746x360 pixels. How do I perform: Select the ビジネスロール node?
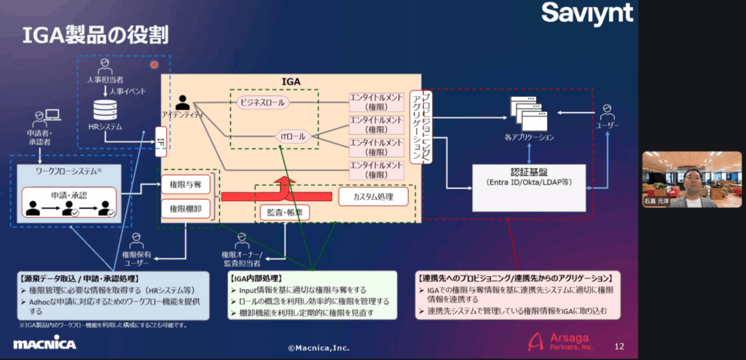262,103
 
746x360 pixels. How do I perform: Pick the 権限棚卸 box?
184,209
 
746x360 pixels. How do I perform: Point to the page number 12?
619,346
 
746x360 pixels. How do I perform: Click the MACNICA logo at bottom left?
43,344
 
